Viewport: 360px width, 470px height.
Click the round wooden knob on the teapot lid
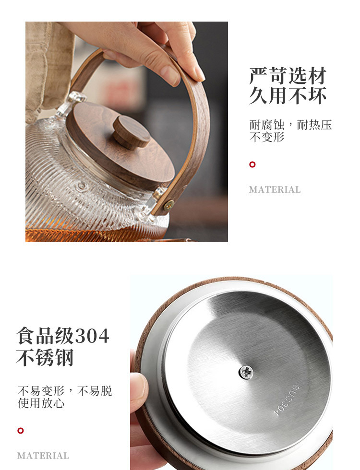point(131,132)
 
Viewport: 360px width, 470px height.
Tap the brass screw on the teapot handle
point(168,205)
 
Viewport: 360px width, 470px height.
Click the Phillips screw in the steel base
point(246,372)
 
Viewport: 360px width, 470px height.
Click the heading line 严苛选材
point(288,76)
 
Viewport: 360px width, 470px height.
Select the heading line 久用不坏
point(288,95)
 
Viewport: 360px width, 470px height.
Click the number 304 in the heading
point(92,336)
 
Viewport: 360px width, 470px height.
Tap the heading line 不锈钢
point(45,357)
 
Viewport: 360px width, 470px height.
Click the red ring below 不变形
point(252,164)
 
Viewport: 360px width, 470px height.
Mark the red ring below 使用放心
point(20,431)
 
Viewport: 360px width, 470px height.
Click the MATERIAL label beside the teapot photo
point(275,190)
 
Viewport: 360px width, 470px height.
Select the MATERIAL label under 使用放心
point(43,456)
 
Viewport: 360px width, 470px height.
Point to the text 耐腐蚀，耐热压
point(291,125)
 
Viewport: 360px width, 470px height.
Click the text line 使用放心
point(41,403)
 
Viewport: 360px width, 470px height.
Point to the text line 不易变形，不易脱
point(65,391)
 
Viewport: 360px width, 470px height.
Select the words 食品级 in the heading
point(45,336)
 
